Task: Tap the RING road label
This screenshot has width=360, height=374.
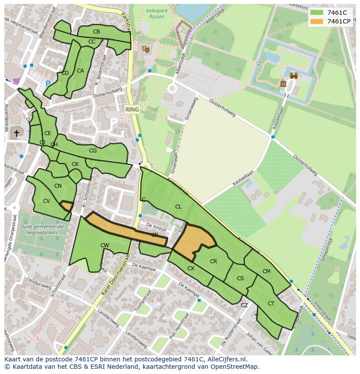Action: pos(132,109)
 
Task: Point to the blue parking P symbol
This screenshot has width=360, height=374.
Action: pos(48,84)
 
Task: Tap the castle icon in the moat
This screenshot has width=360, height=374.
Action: pos(293,76)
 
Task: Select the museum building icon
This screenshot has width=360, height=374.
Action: pos(283,83)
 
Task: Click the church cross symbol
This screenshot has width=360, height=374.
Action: pos(17,133)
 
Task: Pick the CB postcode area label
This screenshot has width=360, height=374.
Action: pos(97,32)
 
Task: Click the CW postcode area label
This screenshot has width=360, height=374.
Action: pos(104,245)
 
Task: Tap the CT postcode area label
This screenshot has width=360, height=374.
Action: pos(271,304)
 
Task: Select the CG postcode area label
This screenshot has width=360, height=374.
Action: pos(93,151)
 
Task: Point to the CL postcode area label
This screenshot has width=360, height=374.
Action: pos(178,207)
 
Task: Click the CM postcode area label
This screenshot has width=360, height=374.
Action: pos(267,271)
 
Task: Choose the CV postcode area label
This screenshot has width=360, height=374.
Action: pos(47,201)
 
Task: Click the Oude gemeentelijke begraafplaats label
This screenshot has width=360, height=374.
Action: pos(42,230)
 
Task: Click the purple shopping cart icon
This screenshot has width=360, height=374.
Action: pos(17,81)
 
